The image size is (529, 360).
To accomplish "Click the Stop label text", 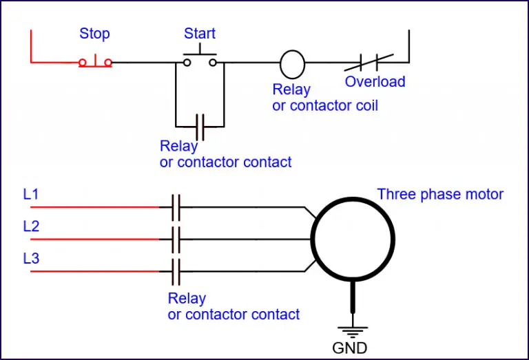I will click(x=94, y=34).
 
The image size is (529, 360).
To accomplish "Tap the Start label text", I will click(x=200, y=34).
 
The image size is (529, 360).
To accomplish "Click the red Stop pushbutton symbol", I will click(x=95, y=62).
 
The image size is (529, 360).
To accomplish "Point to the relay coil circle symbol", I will click(x=292, y=63).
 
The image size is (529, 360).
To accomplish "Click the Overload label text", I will click(x=375, y=82).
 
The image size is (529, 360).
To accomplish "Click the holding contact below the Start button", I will click(x=200, y=127).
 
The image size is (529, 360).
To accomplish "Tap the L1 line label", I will click(x=32, y=195).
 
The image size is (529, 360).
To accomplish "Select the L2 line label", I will click(x=32, y=226).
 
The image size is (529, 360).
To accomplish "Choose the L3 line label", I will click(x=32, y=259).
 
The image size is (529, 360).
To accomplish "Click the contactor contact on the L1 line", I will click(x=175, y=207).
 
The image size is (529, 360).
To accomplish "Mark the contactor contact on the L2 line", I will click(x=175, y=239).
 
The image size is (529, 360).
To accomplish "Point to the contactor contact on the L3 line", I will click(x=175, y=271).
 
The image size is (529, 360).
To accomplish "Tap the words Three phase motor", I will click(x=440, y=195).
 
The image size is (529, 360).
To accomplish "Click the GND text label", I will click(x=350, y=348).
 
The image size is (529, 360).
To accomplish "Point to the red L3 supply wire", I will click(x=96, y=271).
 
